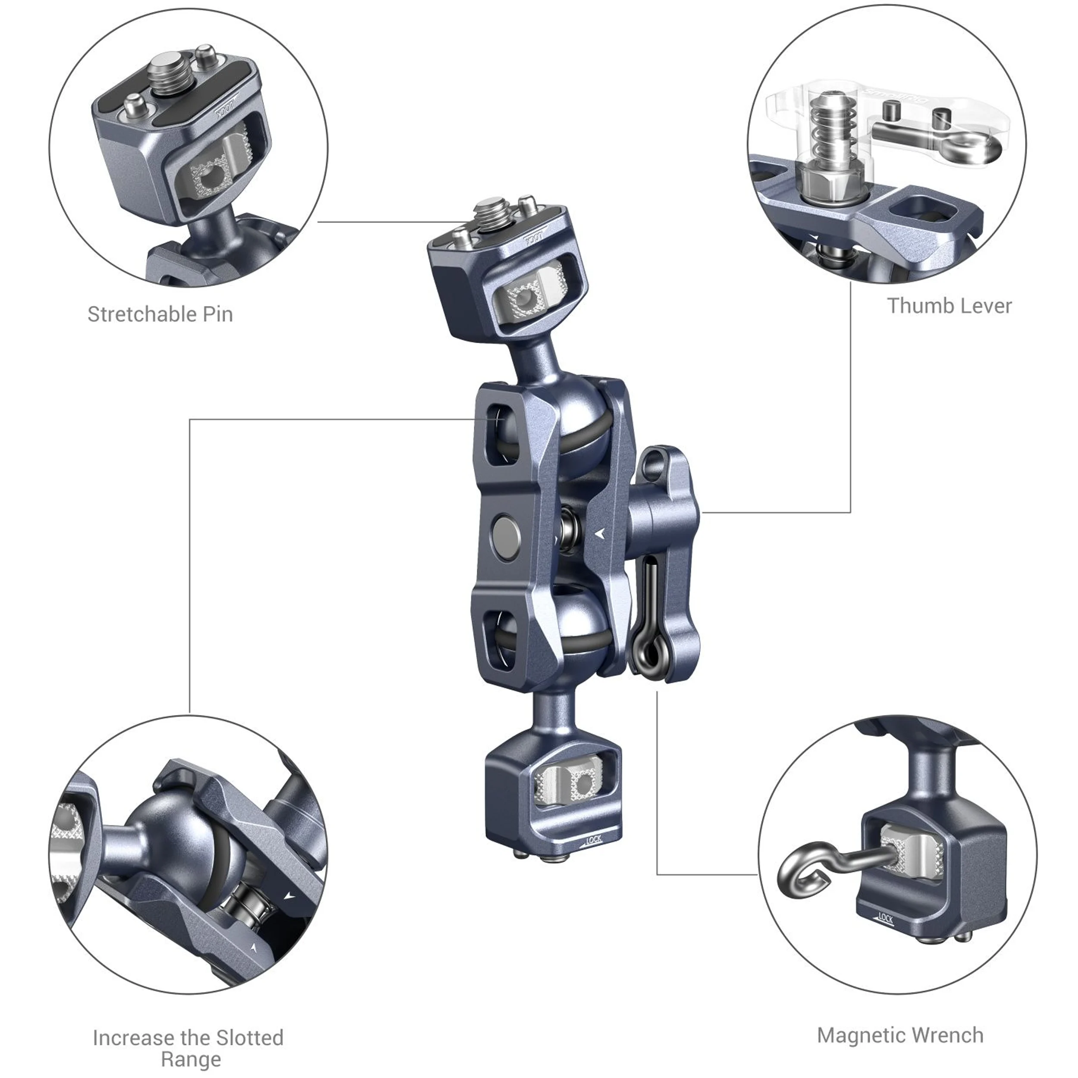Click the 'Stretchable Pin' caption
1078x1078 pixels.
(x=160, y=315)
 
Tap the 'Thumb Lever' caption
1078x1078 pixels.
(x=949, y=306)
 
